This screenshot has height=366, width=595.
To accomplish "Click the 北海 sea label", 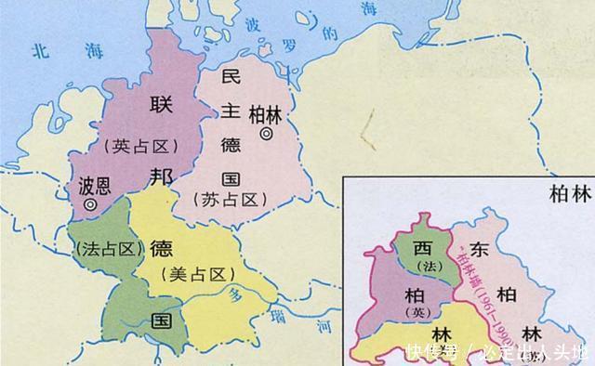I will click(54, 51).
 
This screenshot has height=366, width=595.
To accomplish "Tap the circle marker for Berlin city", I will click(267, 134).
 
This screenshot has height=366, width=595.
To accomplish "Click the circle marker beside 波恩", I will click(90, 203).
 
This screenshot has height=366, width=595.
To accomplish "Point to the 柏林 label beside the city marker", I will click(265, 113).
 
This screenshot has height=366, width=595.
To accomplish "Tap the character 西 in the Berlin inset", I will click(423, 249).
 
